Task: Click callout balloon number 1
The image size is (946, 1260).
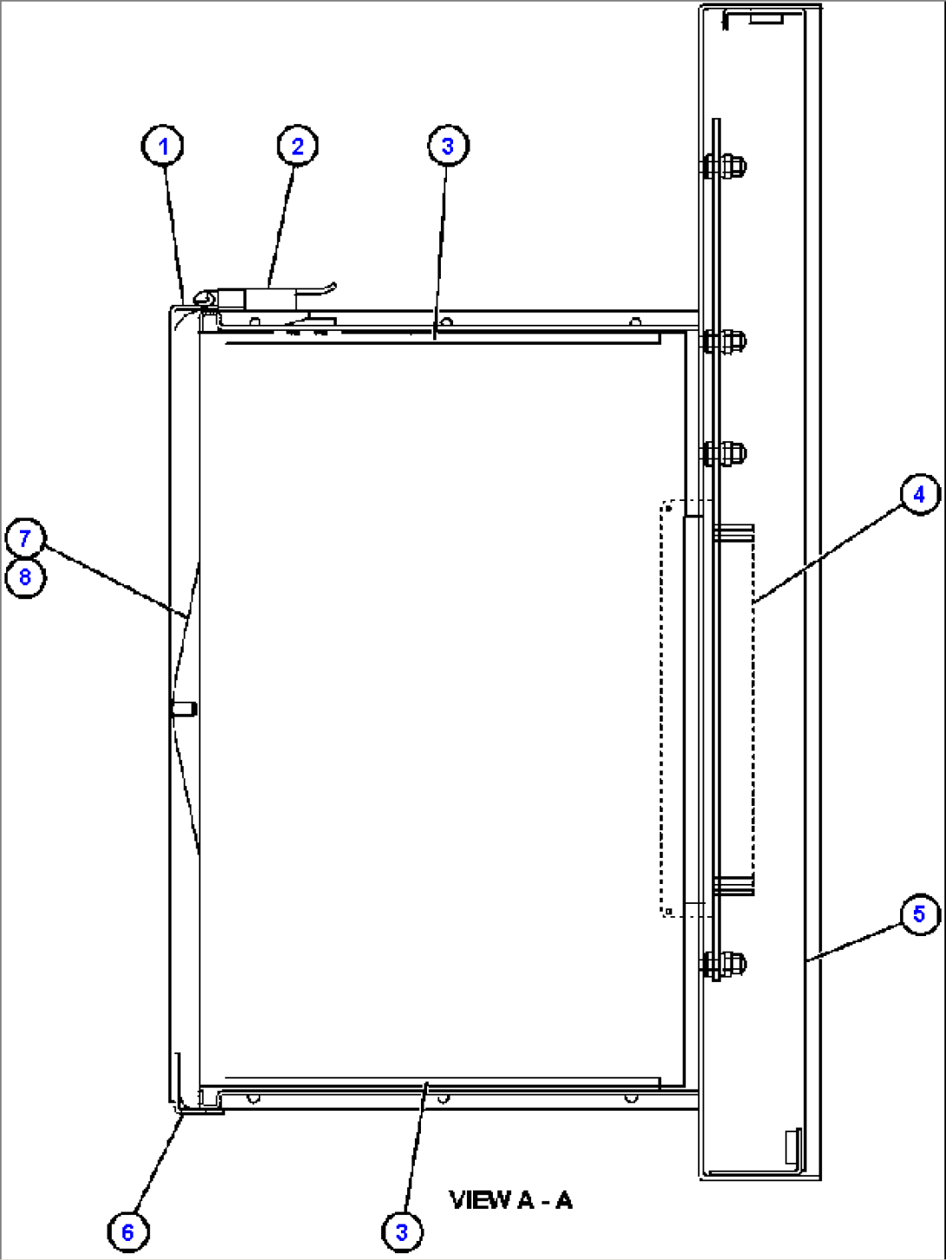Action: point(163,146)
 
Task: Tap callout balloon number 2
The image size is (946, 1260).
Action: point(298,146)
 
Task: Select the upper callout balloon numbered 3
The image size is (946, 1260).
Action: point(448,146)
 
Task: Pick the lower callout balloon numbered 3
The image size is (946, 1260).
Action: point(402,1231)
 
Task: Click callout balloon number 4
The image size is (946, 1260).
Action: point(919,495)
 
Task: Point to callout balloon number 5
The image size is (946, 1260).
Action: point(919,914)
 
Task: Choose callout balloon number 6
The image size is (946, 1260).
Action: point(128,1231)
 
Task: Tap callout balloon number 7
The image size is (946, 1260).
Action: point(25,538)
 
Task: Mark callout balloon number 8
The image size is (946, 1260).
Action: point(25,577)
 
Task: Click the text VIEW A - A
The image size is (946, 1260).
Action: point(511,1201)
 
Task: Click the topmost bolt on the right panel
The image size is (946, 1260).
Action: point(724,166)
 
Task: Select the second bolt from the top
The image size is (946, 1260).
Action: point(724,340)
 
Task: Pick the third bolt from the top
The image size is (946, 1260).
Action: point(724,453)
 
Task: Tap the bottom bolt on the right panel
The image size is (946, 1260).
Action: point(724,964)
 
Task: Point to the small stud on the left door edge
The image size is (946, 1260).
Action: point(184,709)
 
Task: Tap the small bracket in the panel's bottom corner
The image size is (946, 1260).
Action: point(792,1146)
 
